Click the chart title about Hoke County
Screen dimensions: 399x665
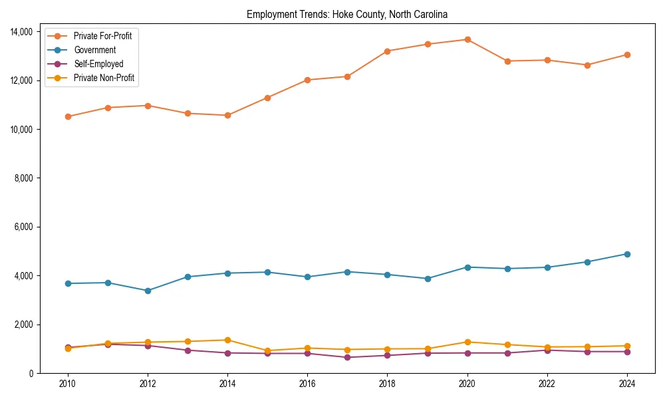(x=346, y=14)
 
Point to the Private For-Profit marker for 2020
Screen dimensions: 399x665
(x=467, y=40)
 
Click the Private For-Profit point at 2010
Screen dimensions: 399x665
(x=68, y=116)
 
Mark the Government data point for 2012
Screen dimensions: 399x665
(x=148, y=291)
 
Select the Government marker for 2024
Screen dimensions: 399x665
(x=627, y=254)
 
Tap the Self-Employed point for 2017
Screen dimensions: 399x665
(x=347, y=357)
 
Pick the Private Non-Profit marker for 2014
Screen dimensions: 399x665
(x=227, y=340)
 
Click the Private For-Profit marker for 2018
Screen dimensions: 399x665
(x=388, y=51)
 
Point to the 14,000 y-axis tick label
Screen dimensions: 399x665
(x=23, y=32)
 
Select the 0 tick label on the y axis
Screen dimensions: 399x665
(x=31, y=374)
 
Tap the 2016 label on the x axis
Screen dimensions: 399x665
(x=307, y=384)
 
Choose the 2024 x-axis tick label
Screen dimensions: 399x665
(x=627, y=384)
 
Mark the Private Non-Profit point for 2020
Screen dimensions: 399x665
(x=467, y=342)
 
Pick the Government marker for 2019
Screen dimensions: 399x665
(x=428, y=279)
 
